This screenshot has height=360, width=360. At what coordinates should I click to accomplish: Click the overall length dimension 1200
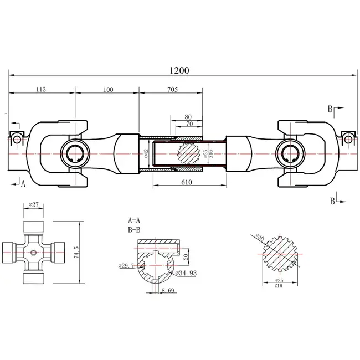pyautogui.click(x=181, y=70)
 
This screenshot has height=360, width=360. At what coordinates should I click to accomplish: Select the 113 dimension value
pyautogui.click(x=40, y=89)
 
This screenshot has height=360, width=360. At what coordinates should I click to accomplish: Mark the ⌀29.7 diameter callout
pyautogui.click(x=127, y=266)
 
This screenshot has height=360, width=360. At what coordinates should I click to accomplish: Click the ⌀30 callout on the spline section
pyautogui.click(x=259, y=237)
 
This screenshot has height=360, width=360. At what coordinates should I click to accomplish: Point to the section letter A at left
pyautogui.click(x=24, y=184)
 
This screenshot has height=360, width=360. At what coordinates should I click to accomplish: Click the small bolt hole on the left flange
pyautogui.click(x=17, y=138)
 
